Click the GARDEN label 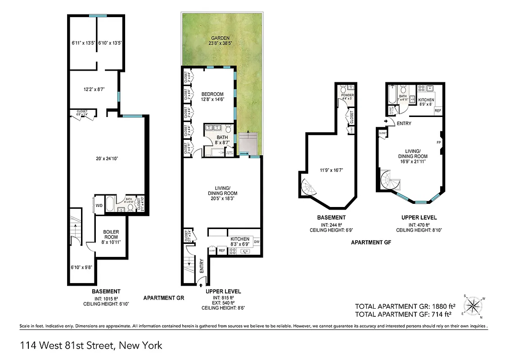click(x=218, y=38)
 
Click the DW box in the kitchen click(x=257, y=242)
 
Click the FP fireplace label click(x=438, y=142)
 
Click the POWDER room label click(x=347, y=95)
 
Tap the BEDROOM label click(x=212, y=94)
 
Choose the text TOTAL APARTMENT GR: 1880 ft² click(x=403, y=306)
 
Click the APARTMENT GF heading click(x=371, y=242)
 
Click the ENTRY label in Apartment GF click(x=404, y=123)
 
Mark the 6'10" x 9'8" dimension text click(x=82, y=266)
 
